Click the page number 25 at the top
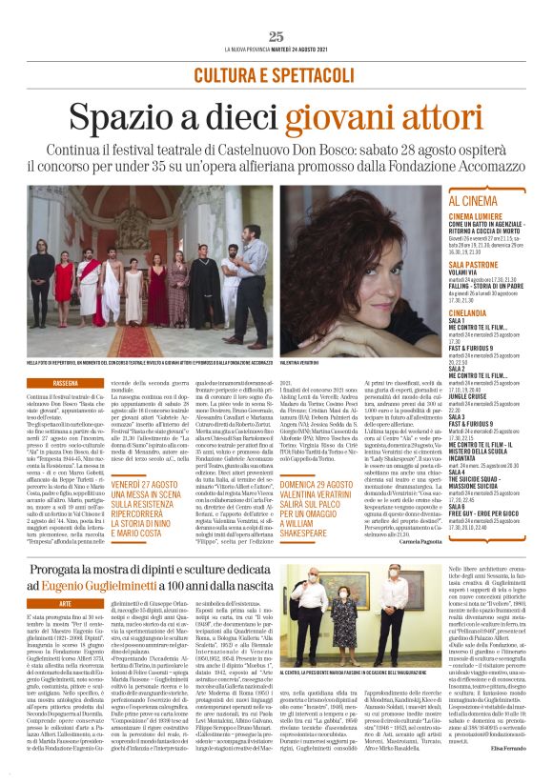click(x=276, y=36)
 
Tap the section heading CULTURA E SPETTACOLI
click(x=276, y=74)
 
